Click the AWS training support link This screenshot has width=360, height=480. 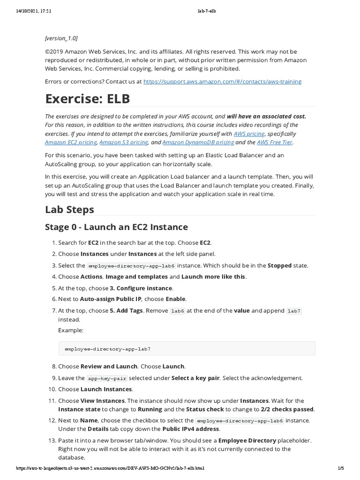(x=222, y=82)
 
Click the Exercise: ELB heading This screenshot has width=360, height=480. (x=87, y=99)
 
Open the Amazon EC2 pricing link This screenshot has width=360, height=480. (x=71, y=142)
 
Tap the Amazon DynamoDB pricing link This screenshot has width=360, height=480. (x=198, y=142)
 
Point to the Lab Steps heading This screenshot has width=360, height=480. (x=69, y=209)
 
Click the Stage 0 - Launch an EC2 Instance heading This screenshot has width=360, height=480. (x=116, y=227)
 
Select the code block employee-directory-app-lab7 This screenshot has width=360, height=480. (x=107, y=349)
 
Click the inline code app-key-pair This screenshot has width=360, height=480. (x=107, y=378)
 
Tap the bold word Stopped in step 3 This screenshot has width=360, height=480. (x=279, y=265)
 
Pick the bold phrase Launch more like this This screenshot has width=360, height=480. (x=213, y=277)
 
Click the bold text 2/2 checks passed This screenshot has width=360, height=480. (x=287, y=409)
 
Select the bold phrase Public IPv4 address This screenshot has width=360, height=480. (x=190, y=429)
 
